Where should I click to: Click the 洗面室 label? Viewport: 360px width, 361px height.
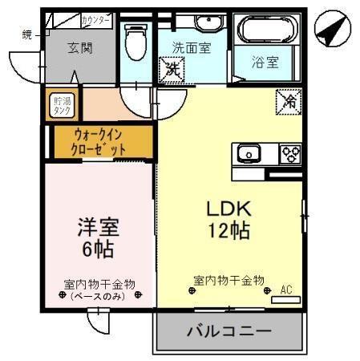tap(192, 47)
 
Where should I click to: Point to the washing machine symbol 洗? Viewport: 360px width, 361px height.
tap(173, 71)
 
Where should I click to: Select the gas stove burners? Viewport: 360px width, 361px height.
tap(289, 152)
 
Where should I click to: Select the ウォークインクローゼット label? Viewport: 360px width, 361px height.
tap(100, 143)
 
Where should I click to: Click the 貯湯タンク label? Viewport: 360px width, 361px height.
tap(63, 105)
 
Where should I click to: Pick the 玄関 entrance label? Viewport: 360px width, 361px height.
tap(79, 47)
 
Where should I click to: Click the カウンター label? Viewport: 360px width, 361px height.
tap(97, 18)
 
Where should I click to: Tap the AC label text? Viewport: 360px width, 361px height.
tap(287, 289)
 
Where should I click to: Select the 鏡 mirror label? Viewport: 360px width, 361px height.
tap(26, 33)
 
